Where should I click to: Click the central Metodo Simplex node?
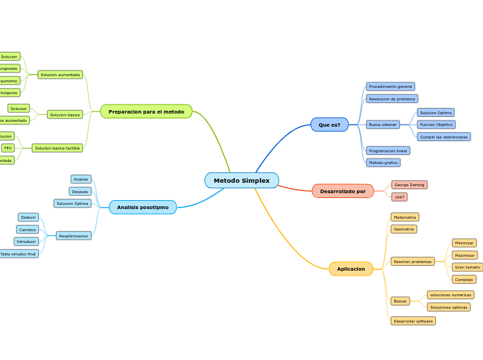(x=241, y=181)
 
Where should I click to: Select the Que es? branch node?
(x=329, y=125)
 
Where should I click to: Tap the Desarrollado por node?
(x=342, y=191)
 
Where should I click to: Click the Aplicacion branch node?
(x=351, y=269)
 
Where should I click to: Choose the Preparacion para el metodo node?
(x=146, y=111)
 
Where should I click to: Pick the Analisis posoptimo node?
(x=143, y=207)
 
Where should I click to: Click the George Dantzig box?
(x=409, y=185)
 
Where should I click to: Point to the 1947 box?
(x=399, y=197)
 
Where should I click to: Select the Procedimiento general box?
(x=390, y=87)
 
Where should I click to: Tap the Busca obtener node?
(x=383, y=125)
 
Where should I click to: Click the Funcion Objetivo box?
(x=436, y=125)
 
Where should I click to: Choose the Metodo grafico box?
(x=383, y=163)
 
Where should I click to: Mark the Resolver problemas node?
(x=412, y=262)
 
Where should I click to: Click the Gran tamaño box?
(x=467, y=267)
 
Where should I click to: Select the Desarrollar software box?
(x=413, y=321)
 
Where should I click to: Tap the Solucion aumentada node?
(x=60, y=75)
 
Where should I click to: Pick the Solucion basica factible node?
(x=57, y=148)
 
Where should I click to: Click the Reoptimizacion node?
(x=73, y=235)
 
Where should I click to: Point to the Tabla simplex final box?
(x=18, y=254)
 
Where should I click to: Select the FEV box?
(x=8, y=148)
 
